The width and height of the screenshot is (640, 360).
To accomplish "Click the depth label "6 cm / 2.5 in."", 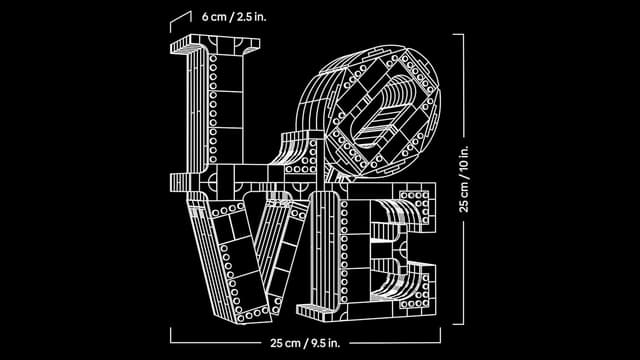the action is [x=234, y=17].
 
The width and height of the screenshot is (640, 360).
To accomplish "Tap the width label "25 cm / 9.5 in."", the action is [x=305, y=343].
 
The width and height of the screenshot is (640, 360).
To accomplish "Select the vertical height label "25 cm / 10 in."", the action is [x=464, y=178].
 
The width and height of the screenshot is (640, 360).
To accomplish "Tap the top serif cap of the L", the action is [x=215, y=43].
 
